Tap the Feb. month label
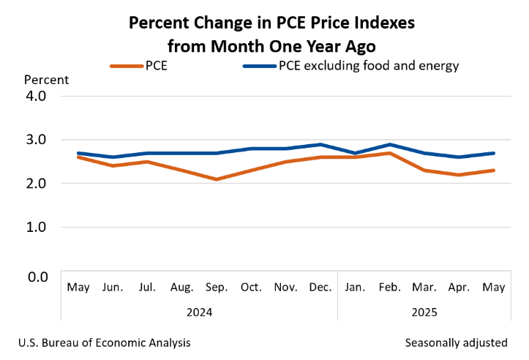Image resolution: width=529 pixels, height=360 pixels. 389,287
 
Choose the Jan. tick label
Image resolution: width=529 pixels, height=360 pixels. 354,287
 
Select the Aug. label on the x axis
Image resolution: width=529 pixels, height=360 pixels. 181,287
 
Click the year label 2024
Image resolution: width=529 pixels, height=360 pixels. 199,312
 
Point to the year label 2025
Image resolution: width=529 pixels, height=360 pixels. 424,312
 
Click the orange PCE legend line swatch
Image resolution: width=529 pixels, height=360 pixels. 125,66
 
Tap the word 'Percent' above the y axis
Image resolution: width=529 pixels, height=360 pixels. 46,80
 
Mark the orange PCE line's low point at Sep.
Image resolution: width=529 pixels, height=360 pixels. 216,179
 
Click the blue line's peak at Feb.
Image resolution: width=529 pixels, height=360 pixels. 389,144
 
